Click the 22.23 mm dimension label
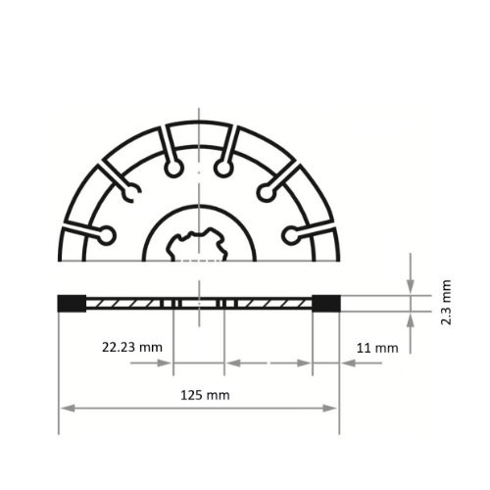[x=130, y=347]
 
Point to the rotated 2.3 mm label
[x=446, y=303]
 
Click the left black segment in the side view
[x=71, y=303]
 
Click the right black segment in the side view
[x=326, y=303]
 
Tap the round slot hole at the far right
[x=291, y=234]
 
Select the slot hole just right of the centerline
[x=224, y=170]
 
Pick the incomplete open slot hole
[x=129, y=193]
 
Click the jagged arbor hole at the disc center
[x=199, y=244]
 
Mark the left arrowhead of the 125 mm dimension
[x=66, y=408]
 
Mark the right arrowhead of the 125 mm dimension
[x=332, y=408]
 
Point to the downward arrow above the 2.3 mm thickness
[x=411, y=284]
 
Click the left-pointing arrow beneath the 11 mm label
[x=348, y=363]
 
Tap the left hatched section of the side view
[x=127, y=303]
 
